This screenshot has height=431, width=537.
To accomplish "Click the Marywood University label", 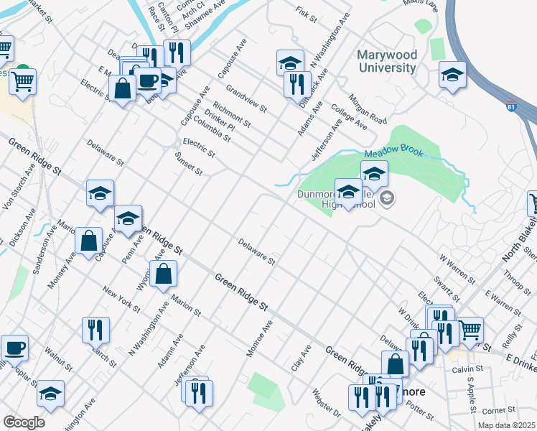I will tap(386, 61).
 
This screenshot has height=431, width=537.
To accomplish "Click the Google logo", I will tap(23, 422).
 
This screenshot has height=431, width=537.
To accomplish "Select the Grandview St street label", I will tap(246, 100).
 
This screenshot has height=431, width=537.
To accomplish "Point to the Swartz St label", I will tap(446, 287).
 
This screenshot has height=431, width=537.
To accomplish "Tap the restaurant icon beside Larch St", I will tap(95, 330).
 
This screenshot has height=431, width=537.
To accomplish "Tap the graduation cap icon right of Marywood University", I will tap(452, 74).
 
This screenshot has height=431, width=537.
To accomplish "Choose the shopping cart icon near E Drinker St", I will tap(470, 330).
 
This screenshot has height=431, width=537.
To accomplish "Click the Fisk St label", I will tap(306, 14).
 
